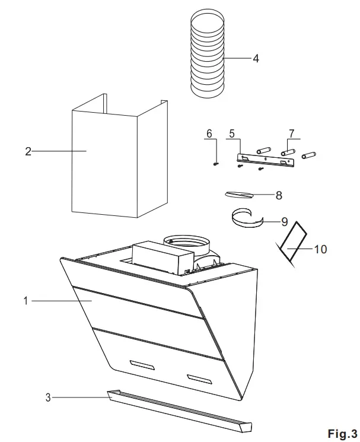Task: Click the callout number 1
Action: [26, 301]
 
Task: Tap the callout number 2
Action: [27, 151]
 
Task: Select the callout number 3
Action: [48, 397]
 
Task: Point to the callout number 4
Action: [256, 59]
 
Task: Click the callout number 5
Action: [232, 134]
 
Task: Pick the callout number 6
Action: [209, 134]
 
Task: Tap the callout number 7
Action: [291, 134]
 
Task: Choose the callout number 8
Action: [278, 195]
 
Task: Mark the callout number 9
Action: [284, 222]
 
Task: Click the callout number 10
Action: [320, 249]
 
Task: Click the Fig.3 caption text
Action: [342, 433]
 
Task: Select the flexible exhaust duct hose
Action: [207, 56]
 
